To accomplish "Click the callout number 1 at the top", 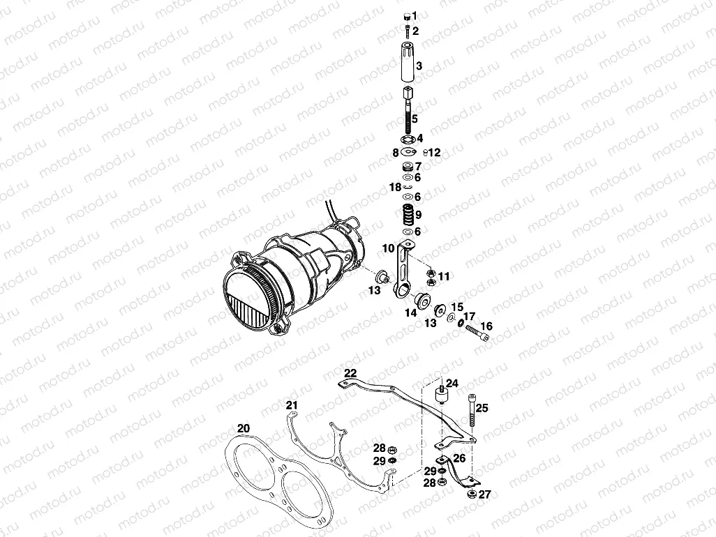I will tap(415, 15).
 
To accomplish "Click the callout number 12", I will tap(434, 152).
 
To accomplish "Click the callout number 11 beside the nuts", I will tap(444, 276).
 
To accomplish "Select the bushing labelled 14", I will tap(422, 301).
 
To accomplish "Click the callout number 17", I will tap(469, 316).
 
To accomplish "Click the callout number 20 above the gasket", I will tap(243, 428).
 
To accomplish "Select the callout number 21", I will tap(292, 405).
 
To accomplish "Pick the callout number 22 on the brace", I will tap(350, 373).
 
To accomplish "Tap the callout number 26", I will tap(458, 458).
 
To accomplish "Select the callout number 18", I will tap(394, 188).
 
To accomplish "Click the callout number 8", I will tap(395, 152).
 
